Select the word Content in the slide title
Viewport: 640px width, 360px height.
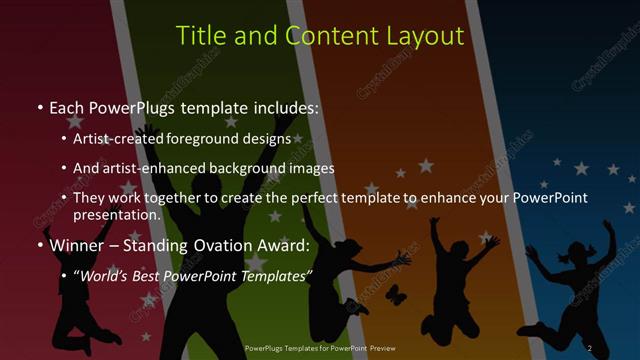327,36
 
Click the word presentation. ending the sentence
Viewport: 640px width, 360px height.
117,214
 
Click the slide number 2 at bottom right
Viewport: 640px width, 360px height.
590,347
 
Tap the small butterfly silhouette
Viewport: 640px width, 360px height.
395,294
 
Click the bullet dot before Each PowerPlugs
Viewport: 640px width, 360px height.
39,107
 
